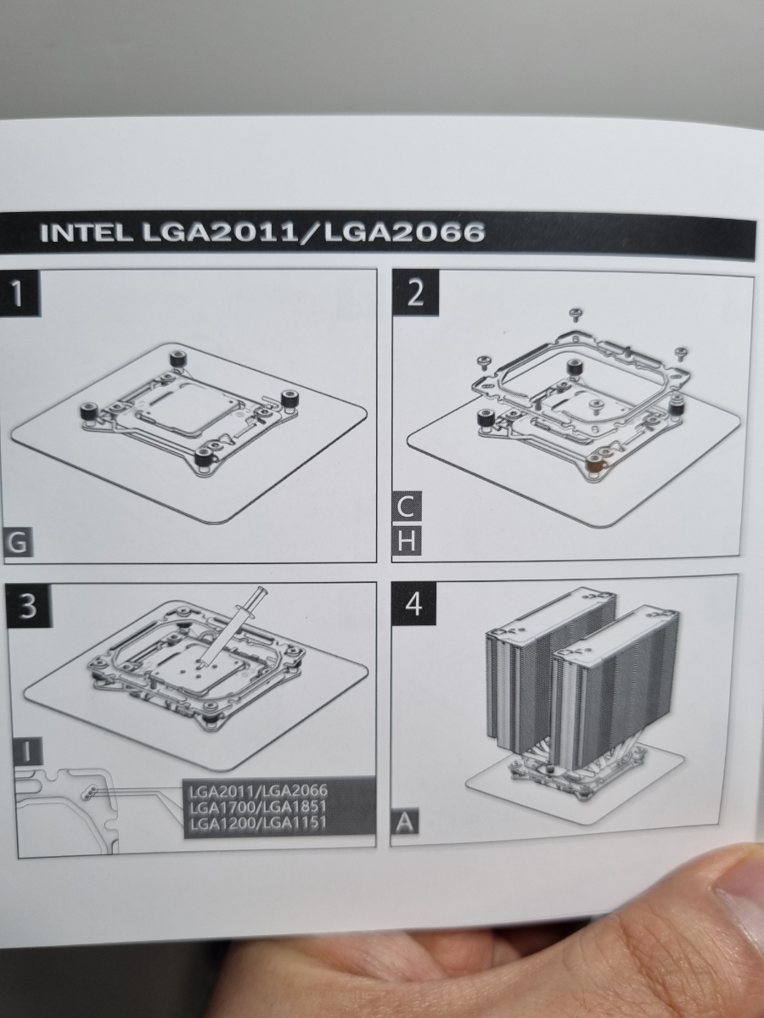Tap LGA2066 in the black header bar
pyautogui.click(x=405, y=232)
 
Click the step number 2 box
pyautogui.click(x=415, y=294)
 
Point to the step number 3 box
pyautogui.click(x=27, y=606)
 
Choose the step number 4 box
pyautogui.click(x=413, y=604)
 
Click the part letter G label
pyautogui.click(x=18, y=542)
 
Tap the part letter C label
pyautogui.click(x=407, y=506)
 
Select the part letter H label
pyautogui.click(x=407, y=540)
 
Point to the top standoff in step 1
pyautogui.click(x=178, y=360)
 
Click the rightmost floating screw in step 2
pyautogui.click(x=682, y=355)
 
